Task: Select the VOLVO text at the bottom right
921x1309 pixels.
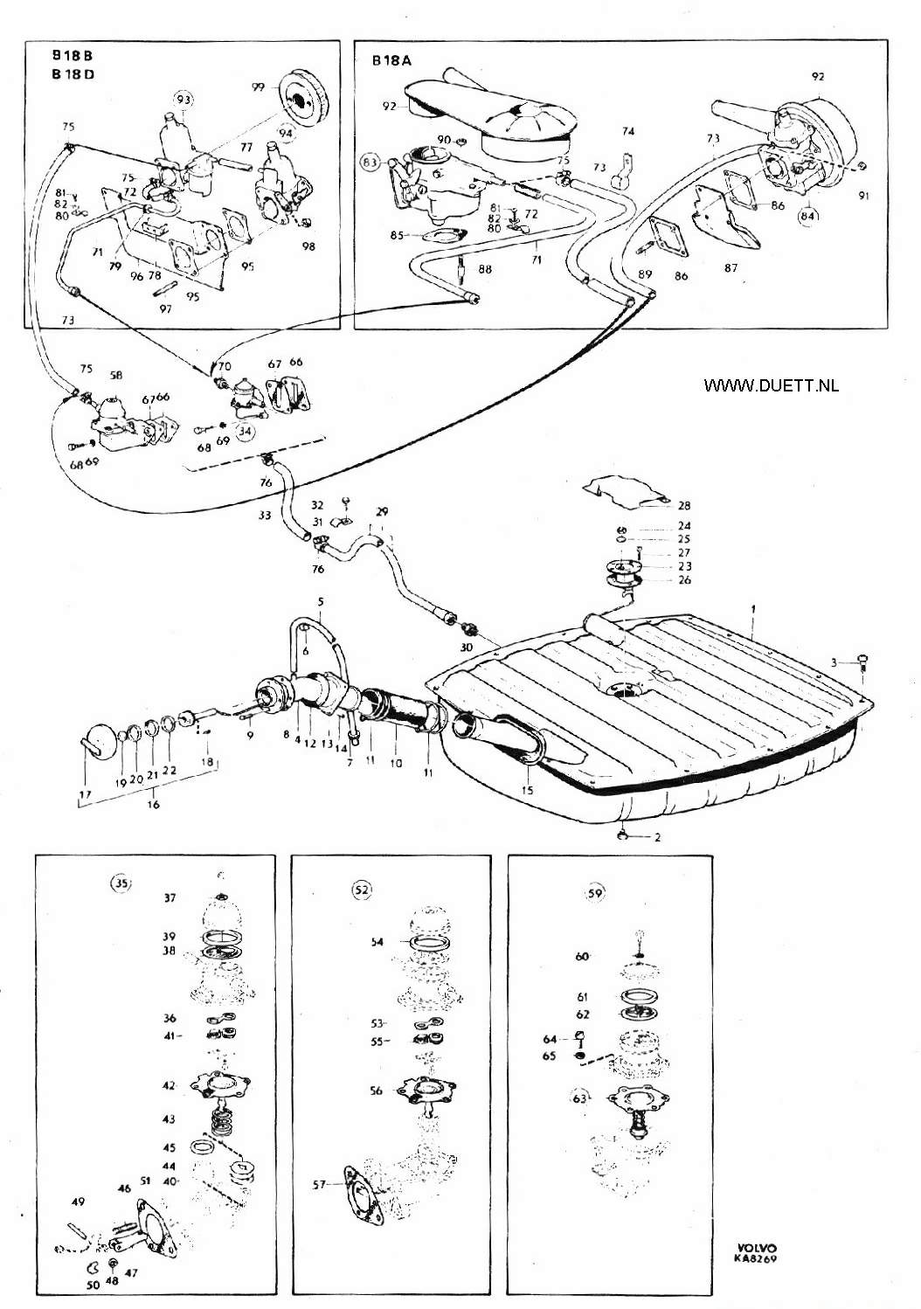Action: click(756, 1248)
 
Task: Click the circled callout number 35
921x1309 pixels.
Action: click(121, 883)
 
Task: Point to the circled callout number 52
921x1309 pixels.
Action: click(361, 890)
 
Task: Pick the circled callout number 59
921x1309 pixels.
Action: click(594, 893)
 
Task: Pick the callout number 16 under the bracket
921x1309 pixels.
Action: click(154, 804)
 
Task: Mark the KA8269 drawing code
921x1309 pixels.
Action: click(756, 1259)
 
